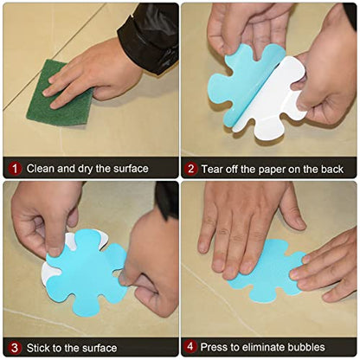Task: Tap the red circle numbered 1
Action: coord(15,169)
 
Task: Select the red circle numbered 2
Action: coord(191,169)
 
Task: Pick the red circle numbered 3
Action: coord(15,348)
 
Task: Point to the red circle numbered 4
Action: coord(190,346)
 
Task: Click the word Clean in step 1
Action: coord(41,169)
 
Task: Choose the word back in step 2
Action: coord(331,169)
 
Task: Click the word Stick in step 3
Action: coord(38,348)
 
